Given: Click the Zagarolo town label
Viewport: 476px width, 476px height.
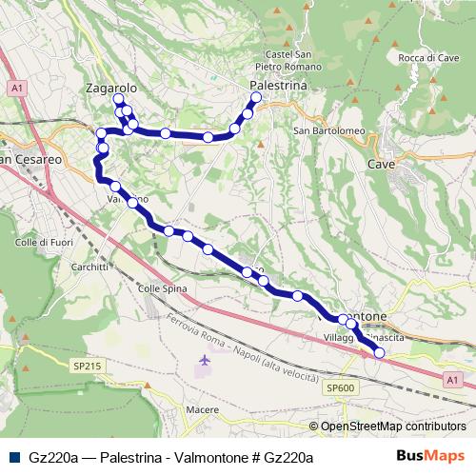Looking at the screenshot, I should click(111, 87).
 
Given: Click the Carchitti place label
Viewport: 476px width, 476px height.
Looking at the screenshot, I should click(89, 268).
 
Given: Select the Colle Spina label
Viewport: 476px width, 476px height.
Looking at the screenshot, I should click(159, 288).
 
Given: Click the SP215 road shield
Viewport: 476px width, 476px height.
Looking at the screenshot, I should click(86, 365).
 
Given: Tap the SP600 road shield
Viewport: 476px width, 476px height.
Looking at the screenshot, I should click(340, 387).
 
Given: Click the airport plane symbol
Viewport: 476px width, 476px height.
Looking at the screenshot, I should click(207, 361).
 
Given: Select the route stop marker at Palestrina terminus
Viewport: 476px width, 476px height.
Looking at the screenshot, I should click(256, 97).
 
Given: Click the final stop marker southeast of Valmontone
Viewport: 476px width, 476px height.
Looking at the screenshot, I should click(380, 353).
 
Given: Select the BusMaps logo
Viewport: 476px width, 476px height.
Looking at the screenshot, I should click(432, 456).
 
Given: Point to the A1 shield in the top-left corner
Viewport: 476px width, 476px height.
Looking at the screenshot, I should click(17, 88).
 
